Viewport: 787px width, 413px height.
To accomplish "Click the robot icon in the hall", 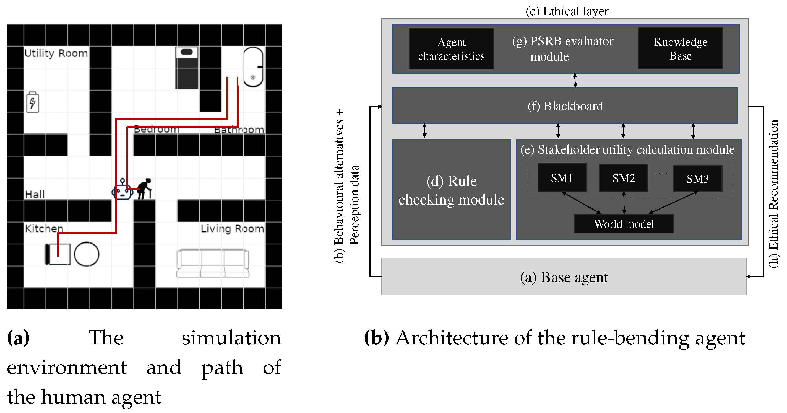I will pyautogui.click(x=122, y=190).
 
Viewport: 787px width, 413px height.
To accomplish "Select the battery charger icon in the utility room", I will pyautogui.click(x=33, y=102).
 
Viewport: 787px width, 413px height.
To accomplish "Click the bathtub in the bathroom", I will pyautogui.click(x=253, y=67).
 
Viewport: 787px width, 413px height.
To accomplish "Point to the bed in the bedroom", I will pyautogui.click(x=187, y=68).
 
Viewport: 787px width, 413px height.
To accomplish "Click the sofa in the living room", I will pyautogui.click(x=213, y=263).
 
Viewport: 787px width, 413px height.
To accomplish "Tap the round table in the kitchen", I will pyautogui.click(x=87, y=254).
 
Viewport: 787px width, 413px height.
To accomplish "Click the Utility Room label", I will pyautogui.click(x=56, y=53).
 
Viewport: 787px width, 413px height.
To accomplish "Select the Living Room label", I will pyautogui.click(x=232, y=229).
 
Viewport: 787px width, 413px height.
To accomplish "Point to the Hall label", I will pyautogui.click(x=35, y=194).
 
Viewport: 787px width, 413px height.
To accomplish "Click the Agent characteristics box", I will pyautogui.click(x=451, y=49).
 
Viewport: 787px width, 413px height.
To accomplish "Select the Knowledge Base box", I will pyautogui.click(x=680, y=49).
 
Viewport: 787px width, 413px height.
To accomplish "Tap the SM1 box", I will pyautogui.click(x=562, y=178).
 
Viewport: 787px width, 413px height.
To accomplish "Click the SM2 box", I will pyautogui.click(x=624, y=178).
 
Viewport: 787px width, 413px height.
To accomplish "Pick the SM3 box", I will pyautogui.click(x=697, y=179).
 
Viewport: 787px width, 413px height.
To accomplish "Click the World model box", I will pyautogui.click(x=624, y=224).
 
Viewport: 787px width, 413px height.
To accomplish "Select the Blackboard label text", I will pyautogui.click(x=565, y=106).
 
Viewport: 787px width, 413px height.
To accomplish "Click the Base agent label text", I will pyautogui.click(x=564, y=277).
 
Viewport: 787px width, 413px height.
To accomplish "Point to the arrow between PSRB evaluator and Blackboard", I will pyautogui.click(x=575, y=80).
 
